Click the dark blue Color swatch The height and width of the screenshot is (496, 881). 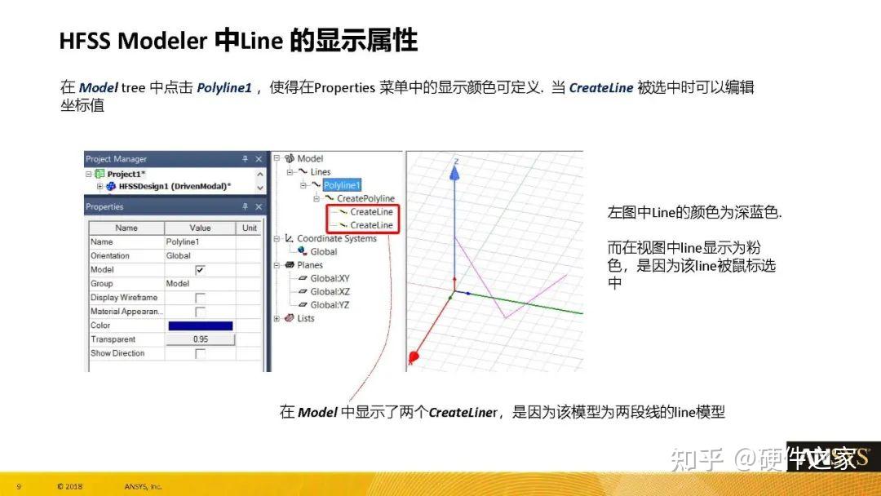pyautogui.click(x=200, y=325)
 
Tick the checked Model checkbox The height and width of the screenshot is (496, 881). pyautogui.click(x=200, y=269)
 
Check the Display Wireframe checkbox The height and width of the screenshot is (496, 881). pyautogui.click(x=200, y=298)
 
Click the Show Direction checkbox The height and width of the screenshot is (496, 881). pyautogui.click(x=200, y=353)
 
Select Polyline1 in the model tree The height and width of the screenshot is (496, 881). pyautogui.click(x=342, y=185)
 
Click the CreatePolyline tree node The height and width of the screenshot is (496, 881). pyautogui.click(x=365, y=198)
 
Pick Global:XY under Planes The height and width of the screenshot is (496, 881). pyautogui.click(x=330, y=278)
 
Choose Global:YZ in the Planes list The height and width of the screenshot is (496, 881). pyautogui.click(x=330, y=304)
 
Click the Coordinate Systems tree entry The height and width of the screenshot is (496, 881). pyautogui.click(x=336, y=238)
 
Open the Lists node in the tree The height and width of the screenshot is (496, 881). pyautogui.click(x=306, y=318)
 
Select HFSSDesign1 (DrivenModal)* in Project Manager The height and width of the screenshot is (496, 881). pyautogui.click(x=174, y=186)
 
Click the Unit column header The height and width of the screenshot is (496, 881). pyautogui.click(x=250, y=228)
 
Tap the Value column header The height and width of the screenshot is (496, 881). pyautogui.click(x=200, y=228)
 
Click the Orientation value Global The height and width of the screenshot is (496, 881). pyautogui.click(x=178, y=255)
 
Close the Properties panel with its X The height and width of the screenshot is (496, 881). pyautogui.click(x=259, y=207)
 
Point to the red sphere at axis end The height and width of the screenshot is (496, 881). pyautogui.click(x=413, y=357)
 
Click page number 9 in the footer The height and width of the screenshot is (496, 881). pyautogui.click(x=19, y=486)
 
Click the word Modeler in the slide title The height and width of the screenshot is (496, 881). pyautogui.click(x=162, y=42)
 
